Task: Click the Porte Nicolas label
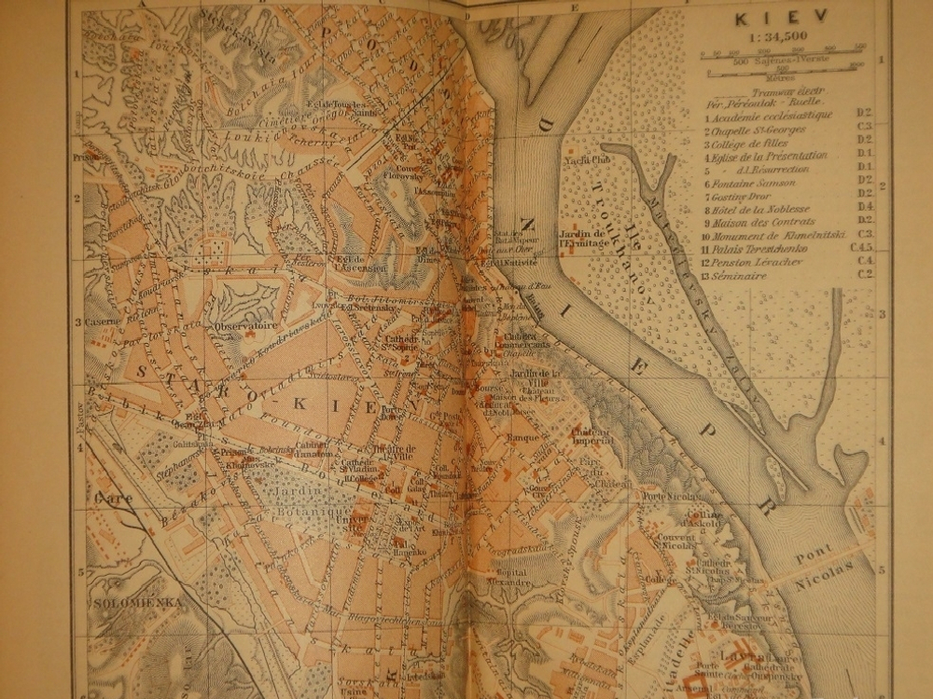coord(669,496)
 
